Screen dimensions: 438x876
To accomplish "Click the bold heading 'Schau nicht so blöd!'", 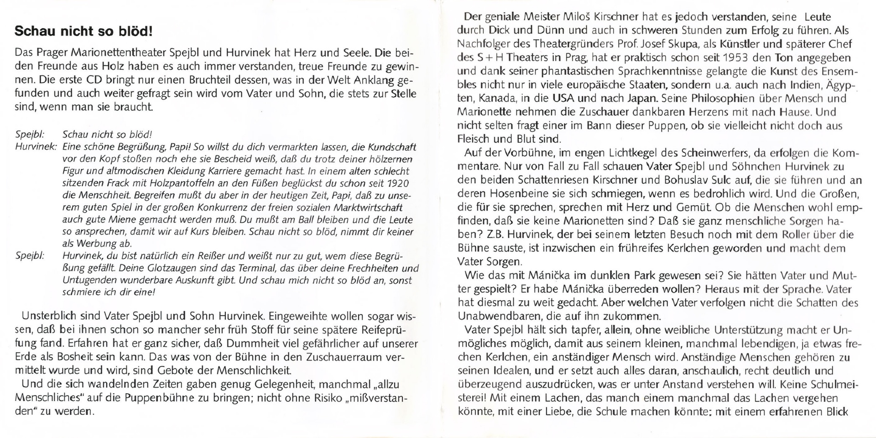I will [x=83, y=31].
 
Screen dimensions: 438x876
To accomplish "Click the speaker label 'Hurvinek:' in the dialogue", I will [x=36, y=147].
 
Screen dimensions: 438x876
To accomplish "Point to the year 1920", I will [x=398, y=183].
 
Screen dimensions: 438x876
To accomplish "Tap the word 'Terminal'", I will [x=255, y=268].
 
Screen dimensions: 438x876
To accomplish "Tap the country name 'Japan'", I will [x=642, y=99].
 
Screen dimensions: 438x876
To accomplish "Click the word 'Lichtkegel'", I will [x=627, y=153].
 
